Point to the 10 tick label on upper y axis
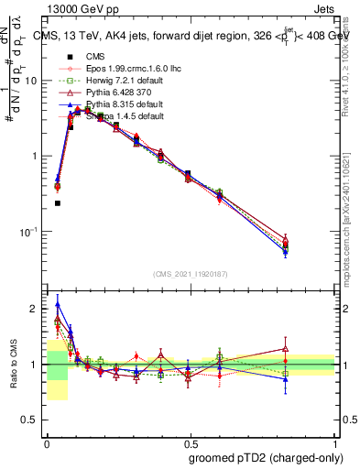33,81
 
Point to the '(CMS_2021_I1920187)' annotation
191,273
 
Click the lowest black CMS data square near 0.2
58,203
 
